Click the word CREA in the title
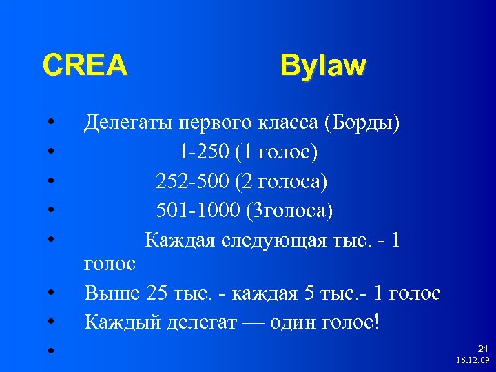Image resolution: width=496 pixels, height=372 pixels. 85,65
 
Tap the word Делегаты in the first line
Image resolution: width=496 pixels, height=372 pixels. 128,123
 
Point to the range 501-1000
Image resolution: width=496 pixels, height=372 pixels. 199,209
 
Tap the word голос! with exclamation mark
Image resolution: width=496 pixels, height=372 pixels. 351,321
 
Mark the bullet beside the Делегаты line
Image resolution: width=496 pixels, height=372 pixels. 52,124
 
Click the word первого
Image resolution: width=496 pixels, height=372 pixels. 211,123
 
